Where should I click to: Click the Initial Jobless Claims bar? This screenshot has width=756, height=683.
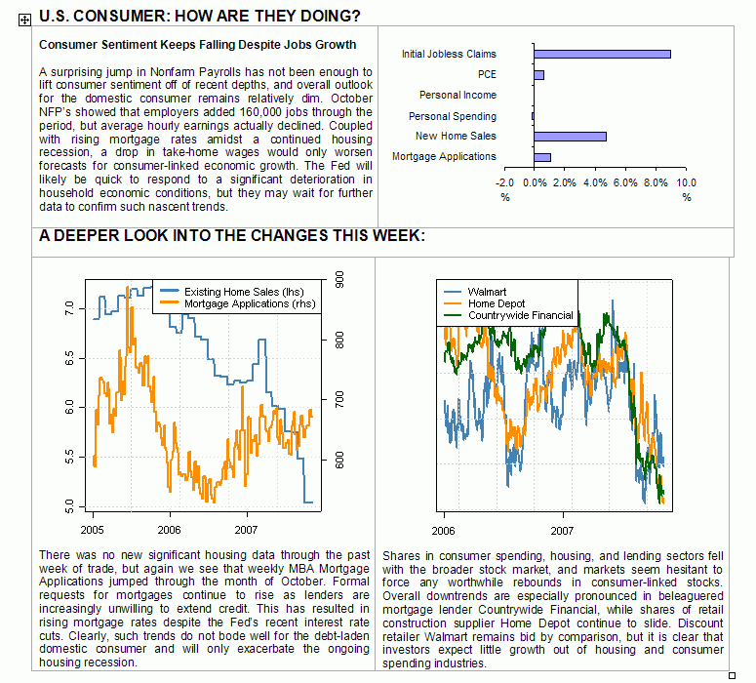[602, 54]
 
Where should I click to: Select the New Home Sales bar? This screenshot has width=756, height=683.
[570, 137]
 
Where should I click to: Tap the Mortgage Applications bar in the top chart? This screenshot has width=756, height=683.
[542, 157]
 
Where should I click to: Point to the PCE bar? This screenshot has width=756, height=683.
[538, 74]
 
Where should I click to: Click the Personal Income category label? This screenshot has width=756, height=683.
[458, 96]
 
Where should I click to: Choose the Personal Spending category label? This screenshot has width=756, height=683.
[453, 116]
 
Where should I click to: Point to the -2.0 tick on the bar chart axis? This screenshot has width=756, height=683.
[504, 182]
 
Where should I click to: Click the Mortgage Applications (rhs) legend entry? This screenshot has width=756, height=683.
[250, 304]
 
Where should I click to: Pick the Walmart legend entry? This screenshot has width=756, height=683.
[486, 292]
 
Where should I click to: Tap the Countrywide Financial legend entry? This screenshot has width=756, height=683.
[520, 315]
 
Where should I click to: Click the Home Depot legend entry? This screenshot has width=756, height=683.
[497, 303]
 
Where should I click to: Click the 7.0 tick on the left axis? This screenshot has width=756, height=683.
[68, 307]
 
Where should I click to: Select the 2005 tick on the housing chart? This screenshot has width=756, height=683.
[93, 530]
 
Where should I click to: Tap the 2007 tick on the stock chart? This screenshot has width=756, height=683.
[562, 530]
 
